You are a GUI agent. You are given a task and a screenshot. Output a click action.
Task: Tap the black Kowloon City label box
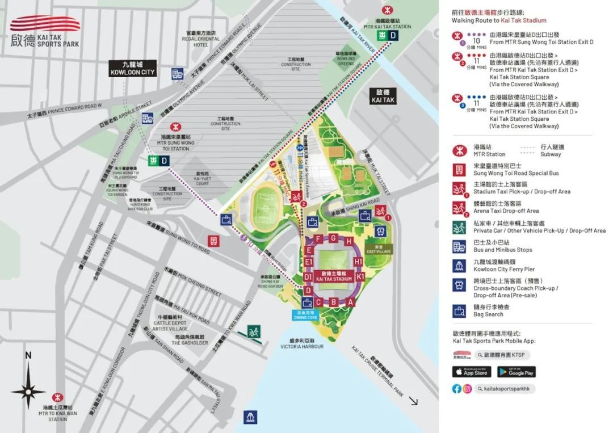point(132,69)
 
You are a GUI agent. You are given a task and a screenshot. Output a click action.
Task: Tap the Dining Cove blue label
point(305,316)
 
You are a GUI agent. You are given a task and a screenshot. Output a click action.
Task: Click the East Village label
point(379,249)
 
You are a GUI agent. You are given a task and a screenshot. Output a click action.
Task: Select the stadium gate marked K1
point(360,277)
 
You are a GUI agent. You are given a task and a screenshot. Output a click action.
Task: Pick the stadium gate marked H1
point(358,262)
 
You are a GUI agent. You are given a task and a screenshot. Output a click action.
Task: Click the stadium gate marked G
point(334,238)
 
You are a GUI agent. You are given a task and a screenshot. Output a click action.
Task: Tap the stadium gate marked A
point(350,302)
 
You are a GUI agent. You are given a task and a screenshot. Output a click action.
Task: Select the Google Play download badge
point(516,372)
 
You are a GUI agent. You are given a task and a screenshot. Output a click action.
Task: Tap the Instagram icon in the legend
point(467,389)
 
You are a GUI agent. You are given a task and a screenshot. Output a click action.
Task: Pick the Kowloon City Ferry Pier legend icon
point(459,265)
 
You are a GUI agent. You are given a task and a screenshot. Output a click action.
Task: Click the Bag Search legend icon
point(459,310)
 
